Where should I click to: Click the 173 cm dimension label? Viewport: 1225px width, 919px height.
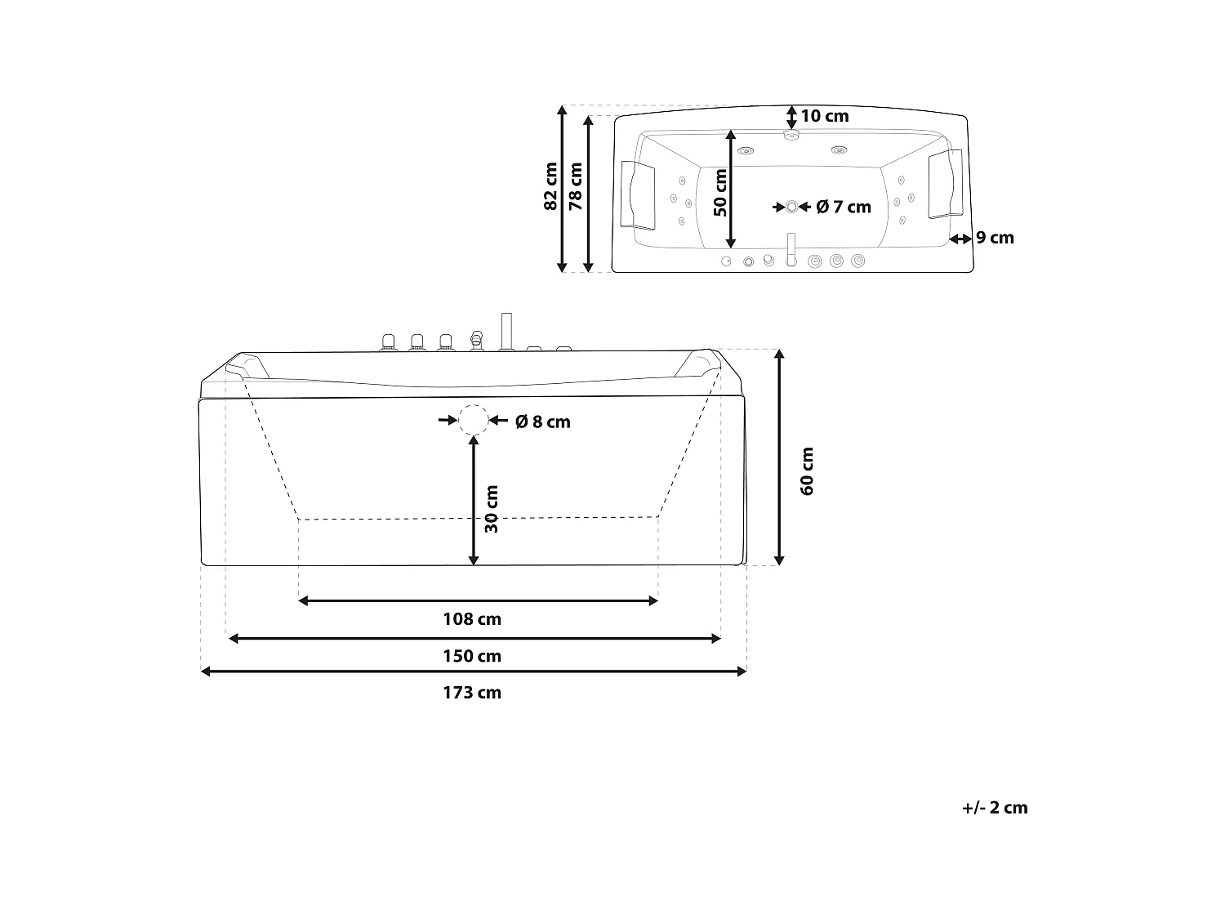472,693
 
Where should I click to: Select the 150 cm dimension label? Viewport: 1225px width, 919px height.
472,656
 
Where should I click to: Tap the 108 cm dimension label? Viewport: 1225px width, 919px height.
472,619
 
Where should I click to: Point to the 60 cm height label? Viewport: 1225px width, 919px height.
807,471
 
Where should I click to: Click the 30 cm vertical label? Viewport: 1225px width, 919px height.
491,509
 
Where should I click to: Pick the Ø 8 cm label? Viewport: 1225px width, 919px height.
542,422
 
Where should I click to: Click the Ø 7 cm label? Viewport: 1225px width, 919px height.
844,207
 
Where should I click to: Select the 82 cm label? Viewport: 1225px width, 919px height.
550,186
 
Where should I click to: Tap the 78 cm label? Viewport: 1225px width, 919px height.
576,186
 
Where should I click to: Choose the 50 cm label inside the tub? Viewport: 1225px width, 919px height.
720,193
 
